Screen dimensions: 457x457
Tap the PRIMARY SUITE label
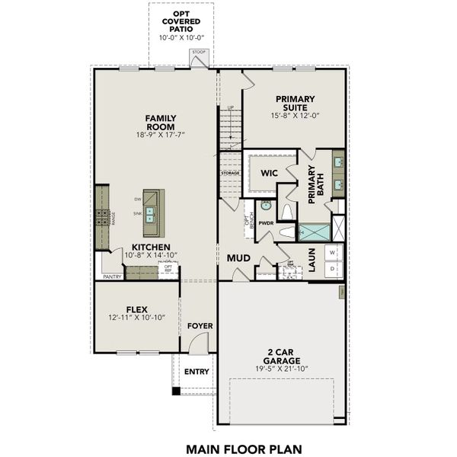point(295,103)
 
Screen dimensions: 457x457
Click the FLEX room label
point(137,309)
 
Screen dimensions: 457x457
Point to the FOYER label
point(200,326)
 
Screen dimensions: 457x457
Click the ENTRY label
point(197,372)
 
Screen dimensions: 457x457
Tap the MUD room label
point(238,258)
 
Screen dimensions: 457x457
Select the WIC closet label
point(267,172)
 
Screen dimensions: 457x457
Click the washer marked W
point(333,253)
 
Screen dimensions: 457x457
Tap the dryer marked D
point(333,270)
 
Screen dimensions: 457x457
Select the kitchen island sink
point(152,213)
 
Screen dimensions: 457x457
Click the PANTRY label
point(112,276)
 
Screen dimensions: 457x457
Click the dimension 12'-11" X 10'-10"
point(137,320)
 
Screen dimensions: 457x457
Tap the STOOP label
point(199,53)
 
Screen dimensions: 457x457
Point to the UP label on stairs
point(230,107)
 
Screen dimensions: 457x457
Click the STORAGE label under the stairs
point(231,173)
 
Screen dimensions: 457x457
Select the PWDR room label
point(266,223)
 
